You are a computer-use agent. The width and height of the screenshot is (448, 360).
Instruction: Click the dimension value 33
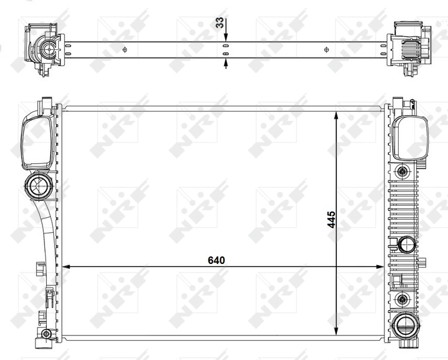pyautogui.click(x=219, y=23)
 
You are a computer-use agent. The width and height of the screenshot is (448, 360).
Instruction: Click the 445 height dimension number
pyautogui.click(x=331, y=220)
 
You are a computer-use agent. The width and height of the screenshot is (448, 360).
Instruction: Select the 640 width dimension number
pyautogui.click(x=216, y=260)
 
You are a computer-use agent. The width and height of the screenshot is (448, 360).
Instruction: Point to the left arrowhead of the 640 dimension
pyautogui.click(x=66, y=266)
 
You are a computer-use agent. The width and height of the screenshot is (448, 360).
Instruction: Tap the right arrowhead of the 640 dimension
pyautogui.click(x=380, y=266)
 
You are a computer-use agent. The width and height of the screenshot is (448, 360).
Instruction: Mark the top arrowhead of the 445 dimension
pyautogui.click(x=336, y=116)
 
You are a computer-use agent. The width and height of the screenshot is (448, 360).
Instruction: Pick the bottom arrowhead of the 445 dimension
pyautogui.click(x=336, y=331)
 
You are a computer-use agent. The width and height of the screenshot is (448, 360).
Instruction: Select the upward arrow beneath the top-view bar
pyautogui.click(x=226, y=64)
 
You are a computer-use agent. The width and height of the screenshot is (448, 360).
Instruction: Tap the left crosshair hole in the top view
pyautogui.click(x=124, y=50)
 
